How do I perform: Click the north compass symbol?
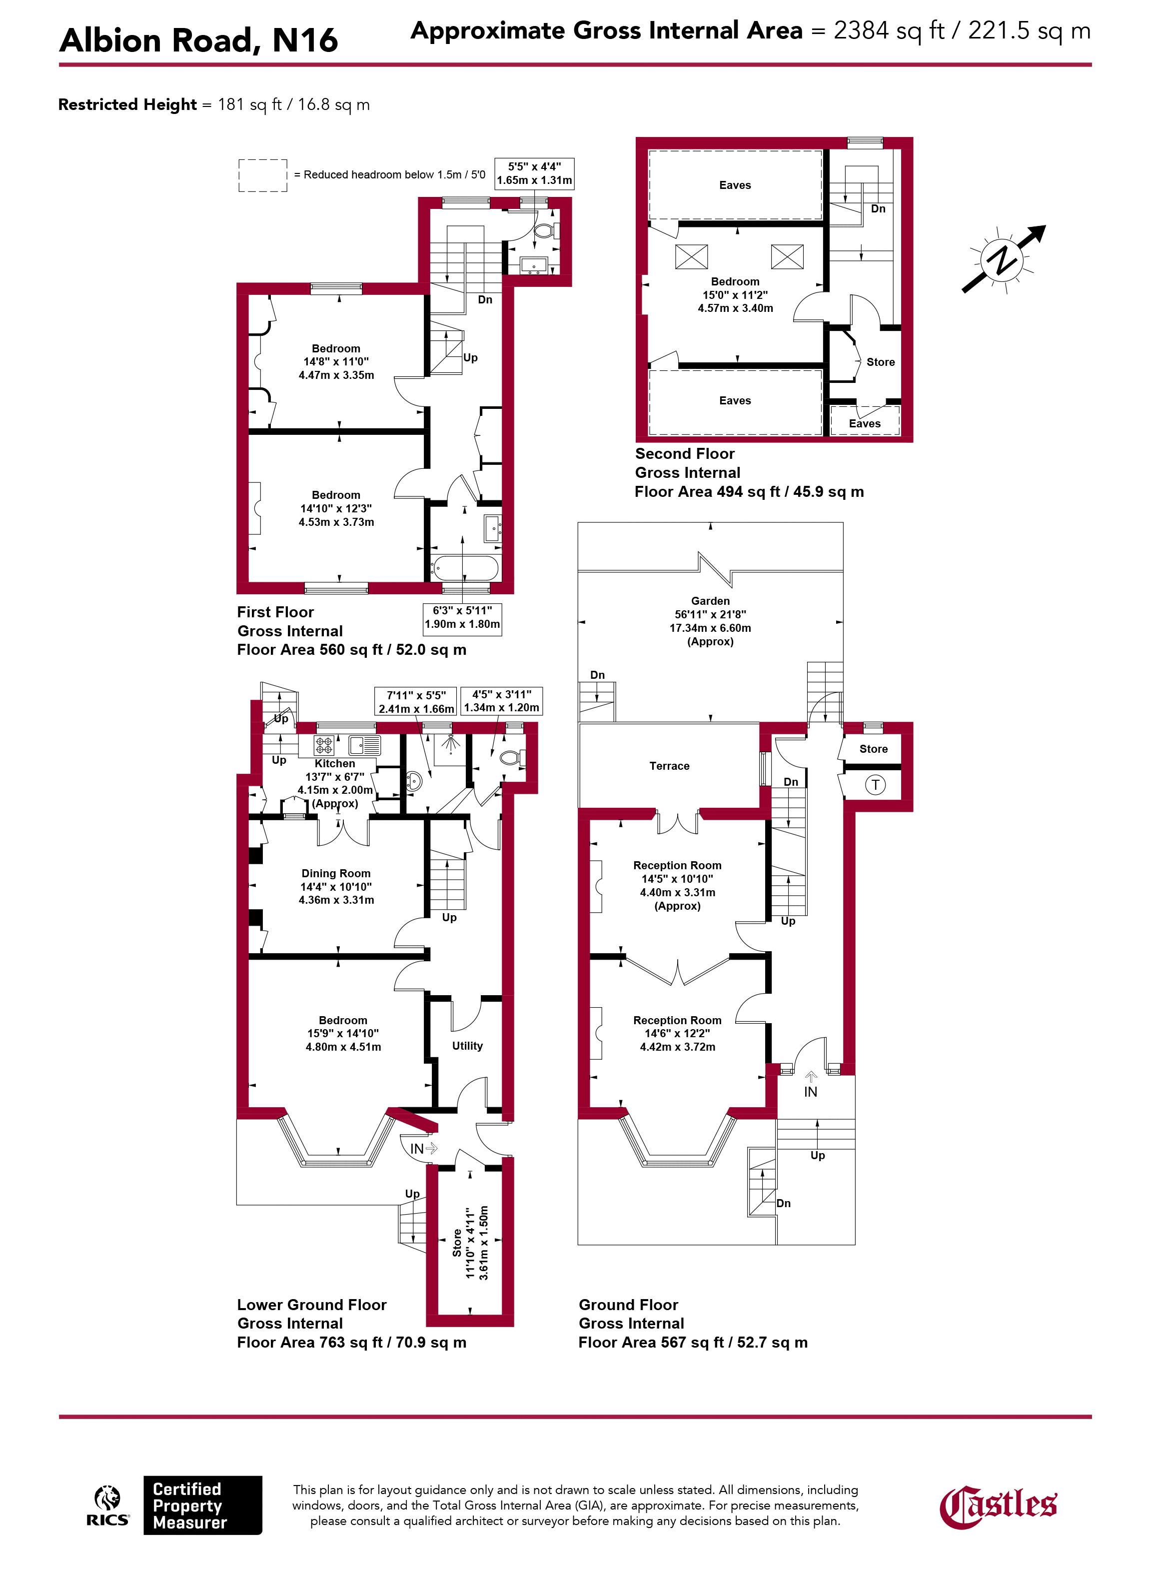tap(1003, 259)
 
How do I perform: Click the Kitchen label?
tap(334, 763)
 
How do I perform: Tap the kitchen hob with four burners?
tap(323, 745)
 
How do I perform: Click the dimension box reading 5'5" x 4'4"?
tap(534, 173)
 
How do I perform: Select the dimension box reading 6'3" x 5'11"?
tap(462, 618)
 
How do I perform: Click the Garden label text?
tap(710, 601)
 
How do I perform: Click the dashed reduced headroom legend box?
tap(263, 175)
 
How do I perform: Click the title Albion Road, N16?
tap(199, 40)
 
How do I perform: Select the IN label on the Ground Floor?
tap(811, 1092)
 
